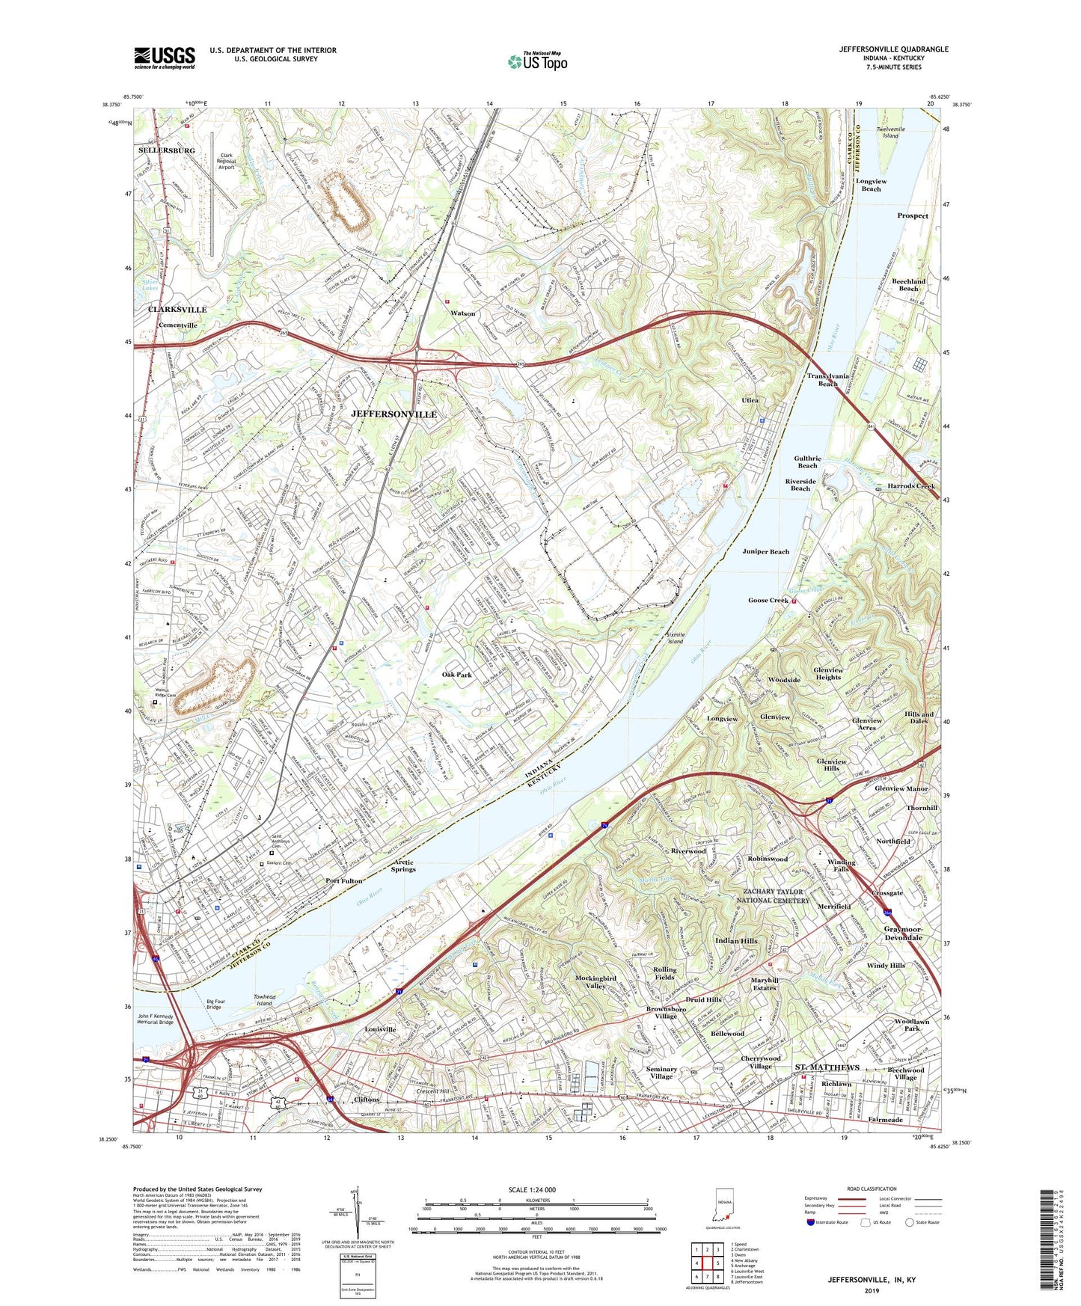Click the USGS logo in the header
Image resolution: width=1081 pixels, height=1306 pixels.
point(164,58)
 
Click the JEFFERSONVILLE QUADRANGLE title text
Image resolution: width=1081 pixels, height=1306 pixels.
point(893,49)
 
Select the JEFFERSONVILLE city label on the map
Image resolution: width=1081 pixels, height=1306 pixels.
point(393,414)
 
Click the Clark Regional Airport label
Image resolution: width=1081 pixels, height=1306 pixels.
point(226,162)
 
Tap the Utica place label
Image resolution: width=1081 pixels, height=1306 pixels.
point(750,400)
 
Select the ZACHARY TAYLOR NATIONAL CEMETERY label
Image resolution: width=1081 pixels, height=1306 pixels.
point(776,896)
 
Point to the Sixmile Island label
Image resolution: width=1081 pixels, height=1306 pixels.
point(675,638)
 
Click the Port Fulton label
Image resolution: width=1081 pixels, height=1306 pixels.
point(343,880)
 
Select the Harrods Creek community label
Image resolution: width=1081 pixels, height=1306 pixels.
point(911,486)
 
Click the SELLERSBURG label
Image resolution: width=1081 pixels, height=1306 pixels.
point(166,150)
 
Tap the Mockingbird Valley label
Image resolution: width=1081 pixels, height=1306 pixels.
point(595,981)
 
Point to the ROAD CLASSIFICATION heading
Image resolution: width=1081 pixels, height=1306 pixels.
point(872,1189)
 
